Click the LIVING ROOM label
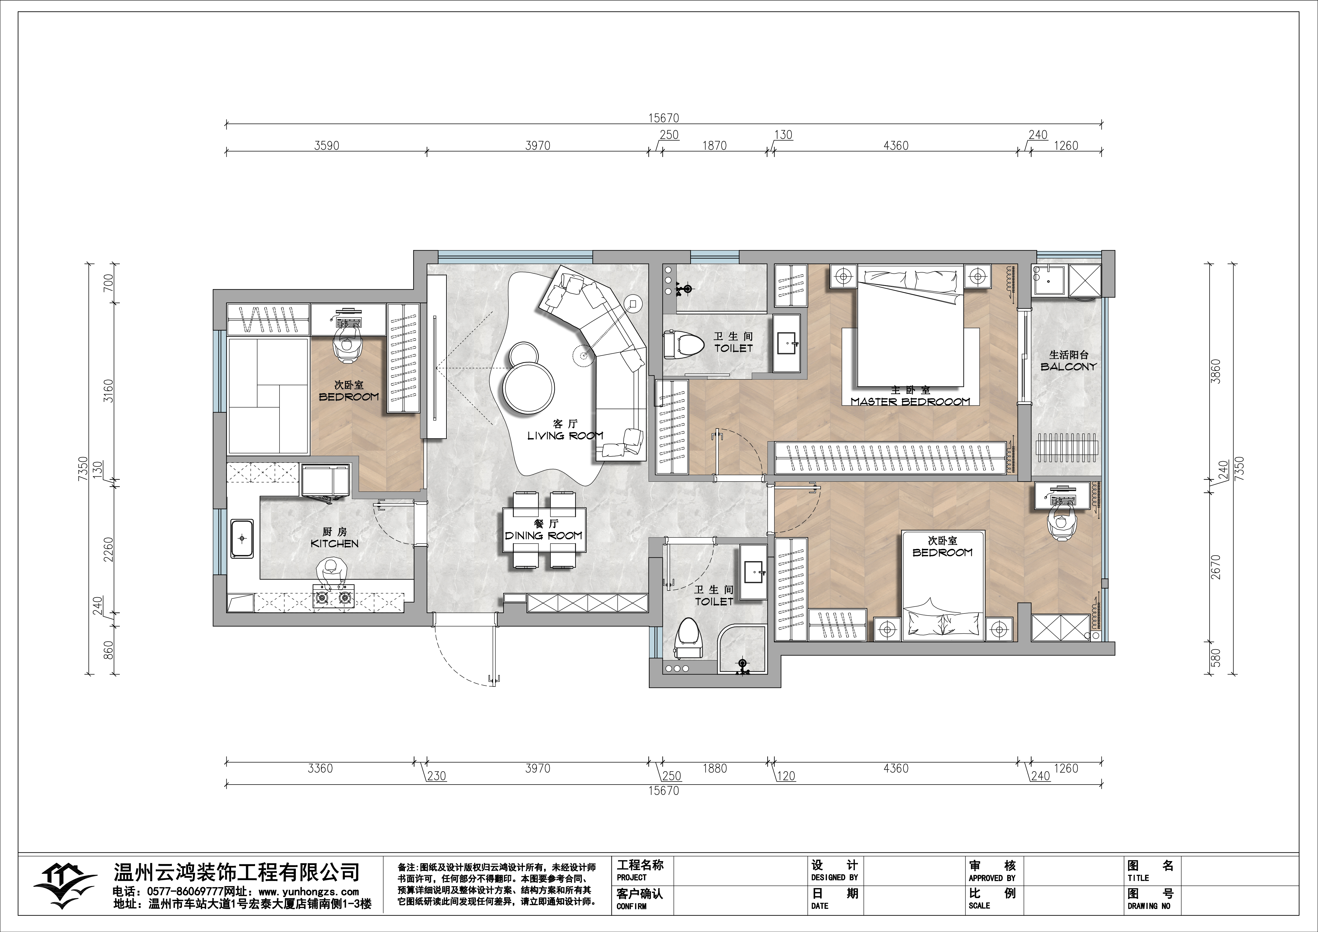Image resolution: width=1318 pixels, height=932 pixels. tap(565, 436)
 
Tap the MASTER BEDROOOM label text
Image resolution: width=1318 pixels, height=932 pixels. tap(910, 402)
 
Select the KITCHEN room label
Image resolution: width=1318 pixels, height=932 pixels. tap(335, 544)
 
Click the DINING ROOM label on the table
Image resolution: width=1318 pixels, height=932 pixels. tap(544, 535)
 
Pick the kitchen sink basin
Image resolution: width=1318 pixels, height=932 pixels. tap(242, 538)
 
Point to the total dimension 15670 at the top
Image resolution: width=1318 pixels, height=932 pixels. tap(664, 118)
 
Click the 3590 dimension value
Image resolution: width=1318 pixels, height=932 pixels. tap(327, 146)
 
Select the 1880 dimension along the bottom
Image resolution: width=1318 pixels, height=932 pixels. tap(715, 768)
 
